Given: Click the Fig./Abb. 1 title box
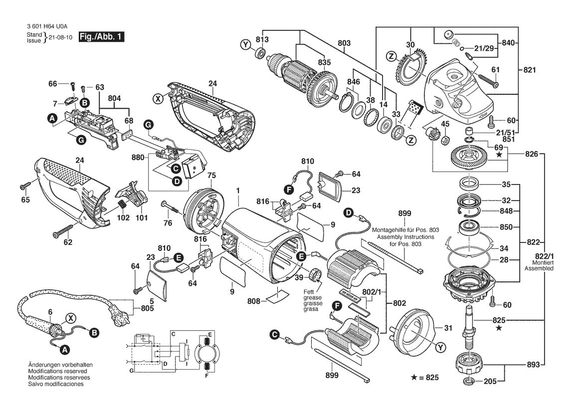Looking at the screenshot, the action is click(101, 36).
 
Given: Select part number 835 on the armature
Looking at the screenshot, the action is click(324, 62).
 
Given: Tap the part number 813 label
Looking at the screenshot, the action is click(262, 39).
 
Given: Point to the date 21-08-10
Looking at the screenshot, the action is click(61, 37).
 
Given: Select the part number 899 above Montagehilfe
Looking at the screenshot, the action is click(404, 213).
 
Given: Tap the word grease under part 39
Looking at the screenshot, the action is click(312, 297).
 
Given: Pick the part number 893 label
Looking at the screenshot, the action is click(533, 365).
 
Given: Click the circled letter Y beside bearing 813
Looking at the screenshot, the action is click(245, 45).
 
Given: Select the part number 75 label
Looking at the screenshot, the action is click(211, 175).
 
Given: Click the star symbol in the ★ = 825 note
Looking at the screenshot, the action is click(414, 378).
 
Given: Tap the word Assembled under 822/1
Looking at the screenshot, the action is click(539, 268).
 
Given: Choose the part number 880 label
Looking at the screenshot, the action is click(138, 157).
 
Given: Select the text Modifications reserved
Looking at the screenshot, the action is click(58, 371).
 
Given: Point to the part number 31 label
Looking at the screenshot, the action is click(448, 328).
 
